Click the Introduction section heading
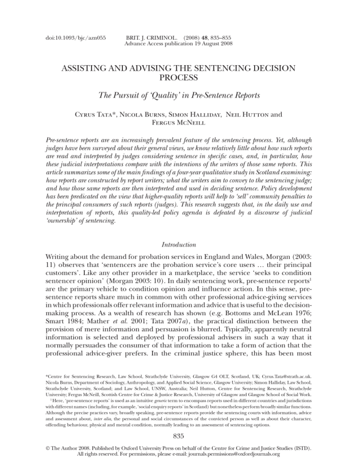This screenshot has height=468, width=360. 180,230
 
